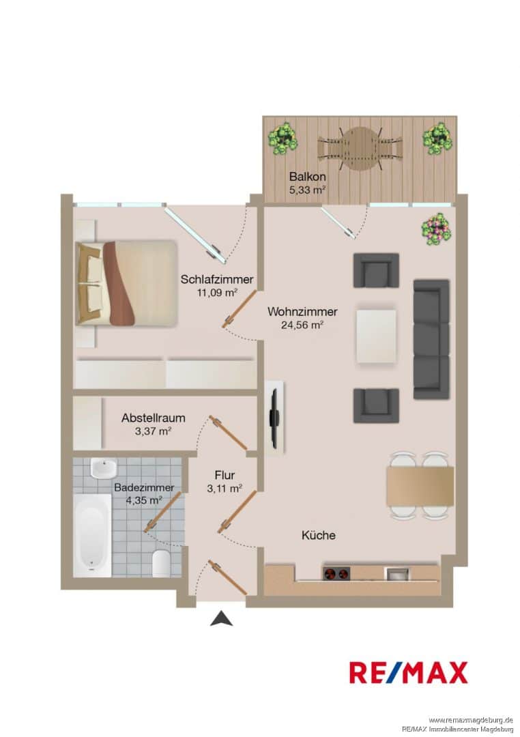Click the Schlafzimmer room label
[x=217, y=279]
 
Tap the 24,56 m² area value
[x=302, y=324]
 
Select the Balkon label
[x=308, y=177]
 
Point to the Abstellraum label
[x=154, y=418]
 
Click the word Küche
[x=319, y=535]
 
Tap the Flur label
[x=225, y=475]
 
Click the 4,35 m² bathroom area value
[x=144, y=500]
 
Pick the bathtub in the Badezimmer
[x=93, y=535]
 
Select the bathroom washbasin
[x=104, y=467]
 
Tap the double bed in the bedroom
[x=126, y=283]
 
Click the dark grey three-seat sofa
[x=431, y=339]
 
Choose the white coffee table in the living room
[x=377, y=336]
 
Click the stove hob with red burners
[x=336, y=573]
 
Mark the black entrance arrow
[x=222, y=618]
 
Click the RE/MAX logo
[x=408, y=672]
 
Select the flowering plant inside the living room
[x=437, y=229]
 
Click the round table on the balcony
[x=360, y=149]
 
